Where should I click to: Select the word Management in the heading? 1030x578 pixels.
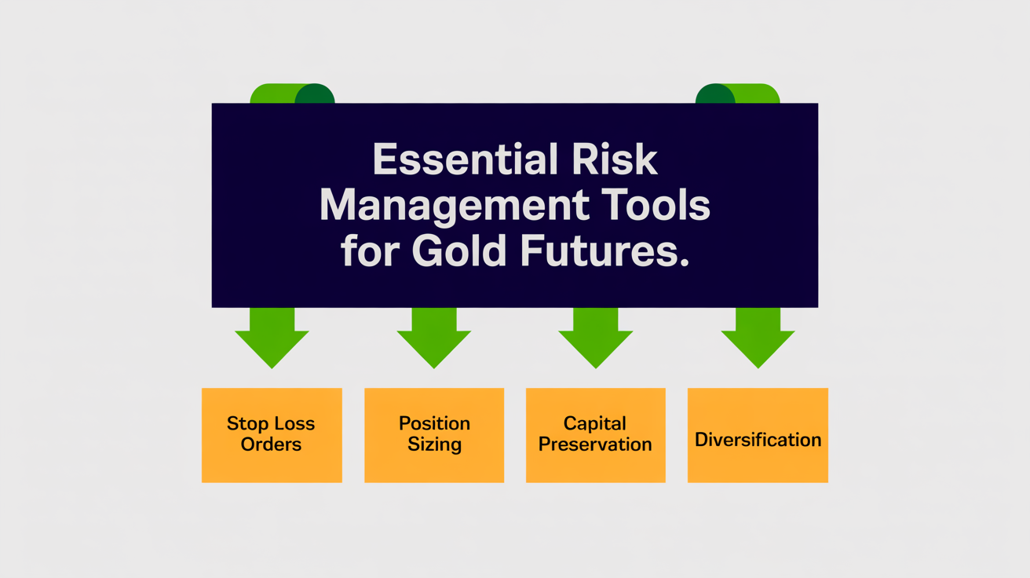coord(454,207)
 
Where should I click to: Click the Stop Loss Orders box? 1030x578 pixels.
coord(272,434)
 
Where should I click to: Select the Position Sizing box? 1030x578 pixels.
coord(434,434)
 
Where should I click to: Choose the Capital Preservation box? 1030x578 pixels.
coord(596,434)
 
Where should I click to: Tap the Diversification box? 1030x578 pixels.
coord(758,434)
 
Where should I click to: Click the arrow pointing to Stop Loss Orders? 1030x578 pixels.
coord(272,338)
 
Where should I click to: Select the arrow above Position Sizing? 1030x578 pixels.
coord(434,338)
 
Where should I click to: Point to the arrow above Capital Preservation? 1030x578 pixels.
coord(596,338)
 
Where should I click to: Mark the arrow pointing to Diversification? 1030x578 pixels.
coord(758,338)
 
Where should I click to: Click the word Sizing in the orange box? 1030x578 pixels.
coord(434,444)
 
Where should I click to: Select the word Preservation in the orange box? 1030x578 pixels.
coord(596,444)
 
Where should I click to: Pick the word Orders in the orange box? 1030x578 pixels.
coord(271,444)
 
